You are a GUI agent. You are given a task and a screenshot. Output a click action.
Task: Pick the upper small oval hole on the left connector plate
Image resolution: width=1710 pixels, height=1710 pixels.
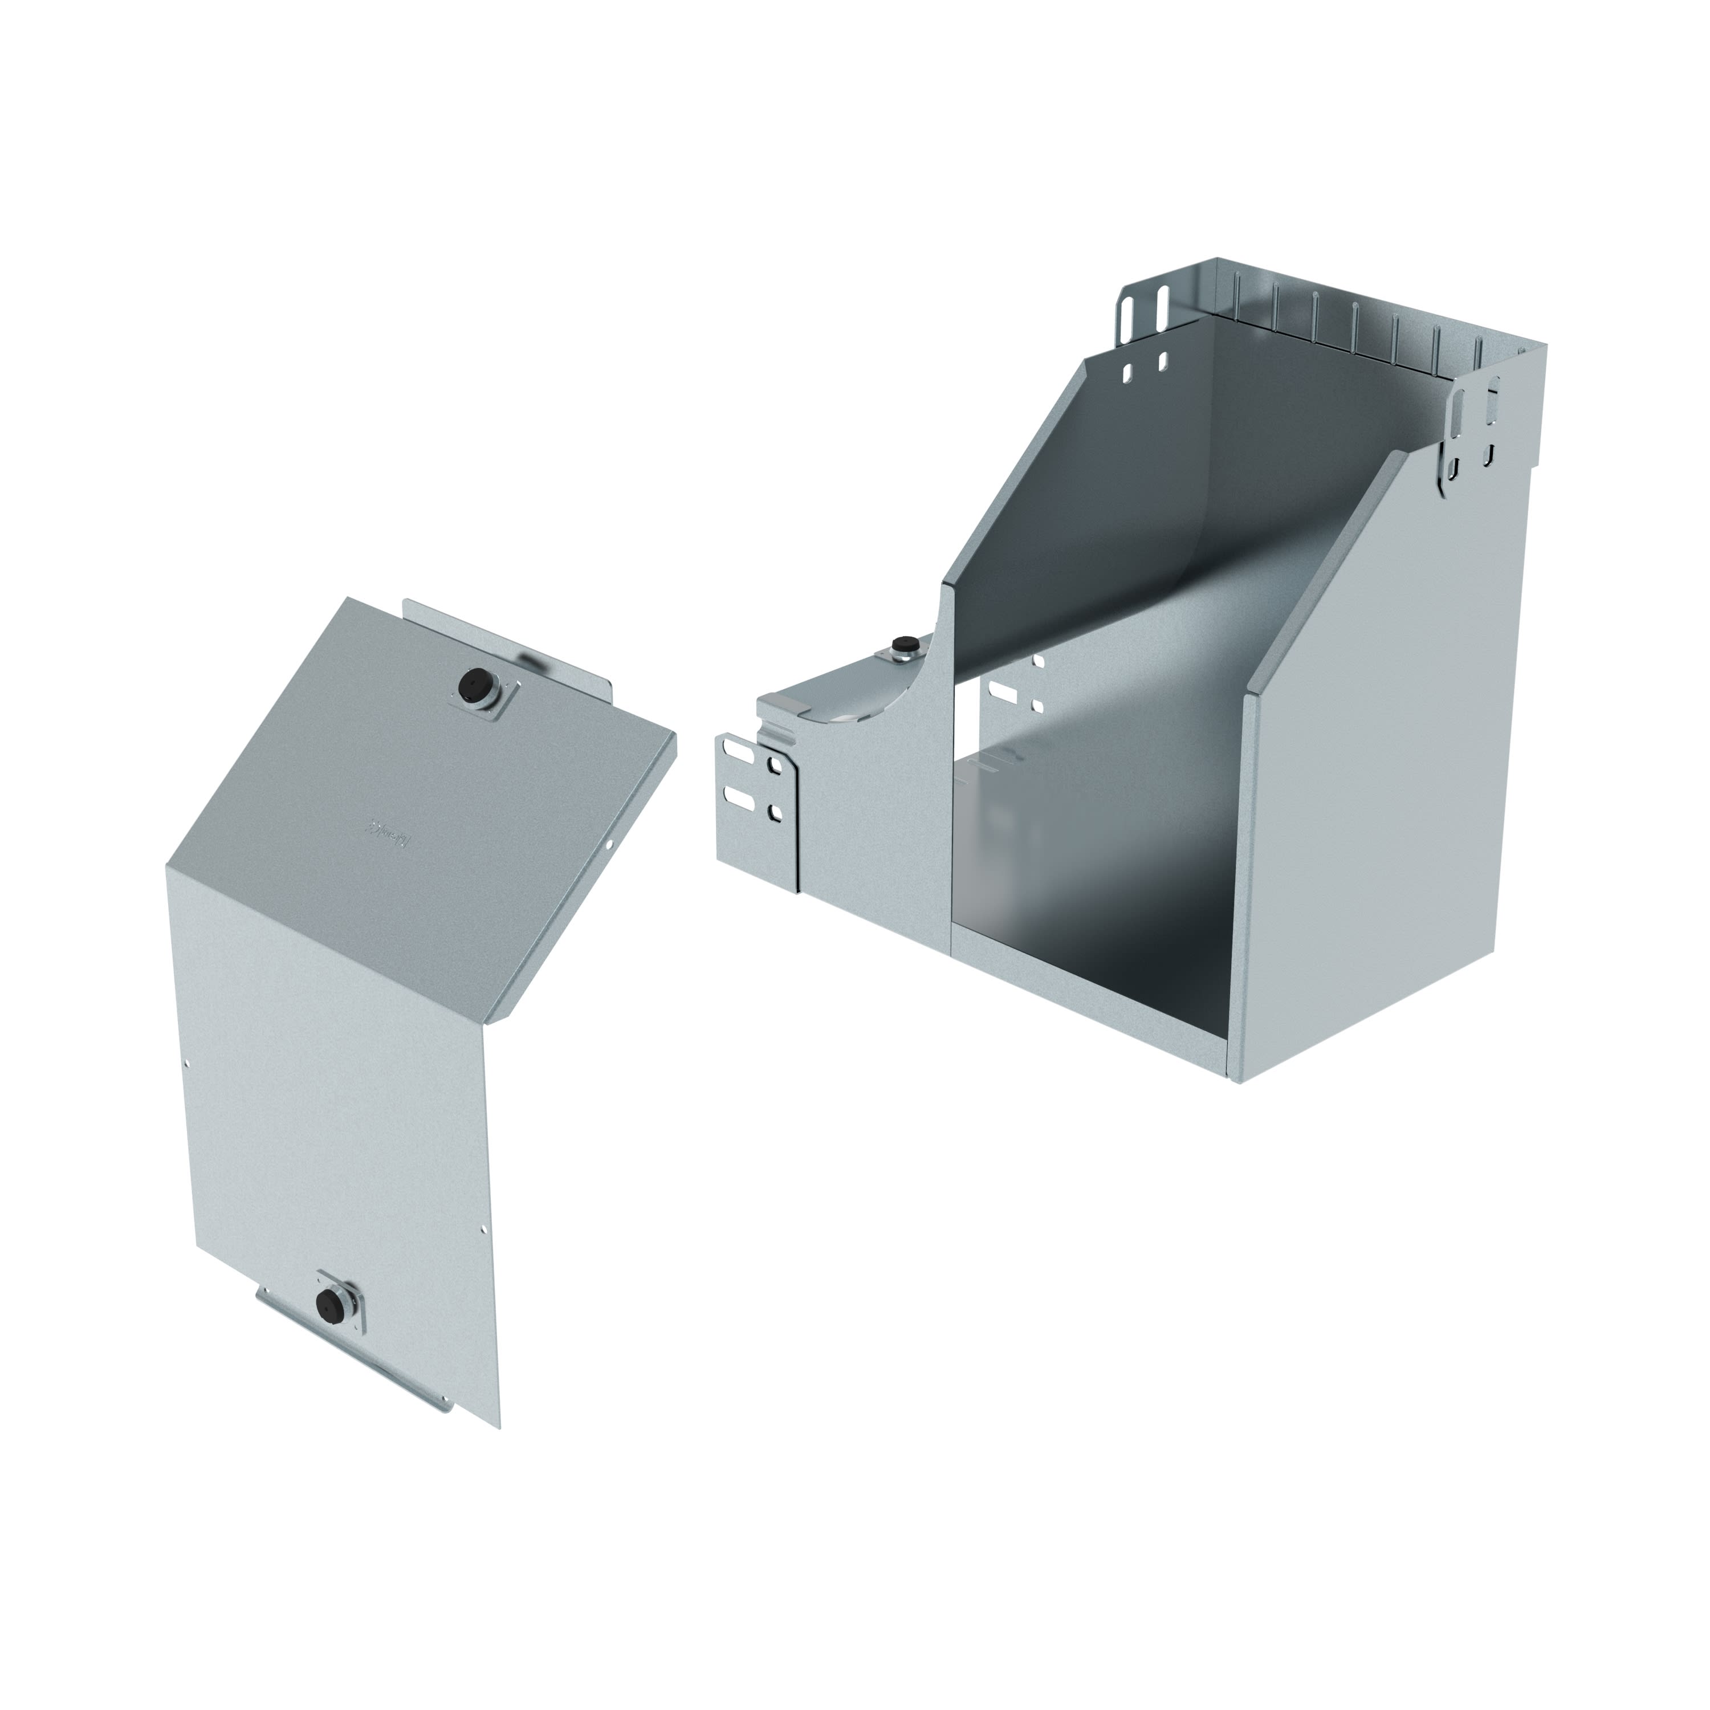(x=776, y=763)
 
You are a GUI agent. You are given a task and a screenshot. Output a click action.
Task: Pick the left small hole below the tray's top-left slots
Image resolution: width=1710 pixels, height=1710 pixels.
(x=1129, y=373)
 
